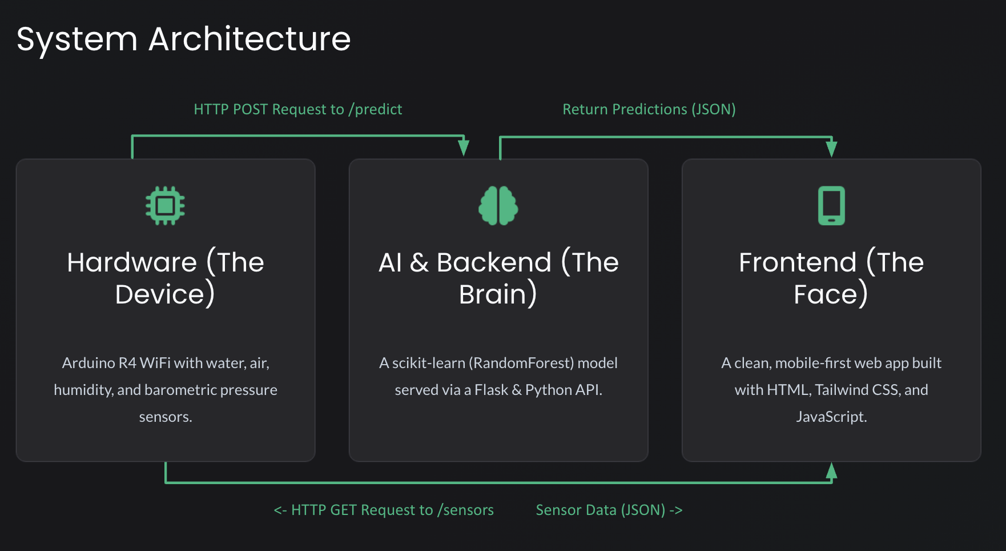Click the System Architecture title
(x=183, y=39)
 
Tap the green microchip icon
(x=165, y=205)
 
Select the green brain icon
(x=498, y=205)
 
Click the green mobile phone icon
(x=831, y=205)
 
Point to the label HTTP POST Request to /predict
(x=297, y=109)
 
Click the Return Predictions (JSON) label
(x=649, y=109)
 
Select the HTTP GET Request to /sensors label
(x=384, y=510)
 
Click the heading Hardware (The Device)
(x=165, y=278)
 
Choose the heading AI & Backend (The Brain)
(x=498, y=278)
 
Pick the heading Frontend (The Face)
(x=831, y=278)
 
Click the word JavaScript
(x=831, y=417)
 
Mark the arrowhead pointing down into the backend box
(x=464, y=148)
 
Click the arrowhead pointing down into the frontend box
(x=831, y=149)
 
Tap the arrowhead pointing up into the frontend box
(x=831, y=470)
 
